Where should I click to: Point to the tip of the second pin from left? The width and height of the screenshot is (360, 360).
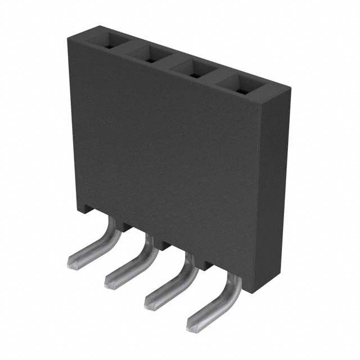coord(110,281)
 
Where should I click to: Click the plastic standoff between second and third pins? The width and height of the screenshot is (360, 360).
coord(166,245)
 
